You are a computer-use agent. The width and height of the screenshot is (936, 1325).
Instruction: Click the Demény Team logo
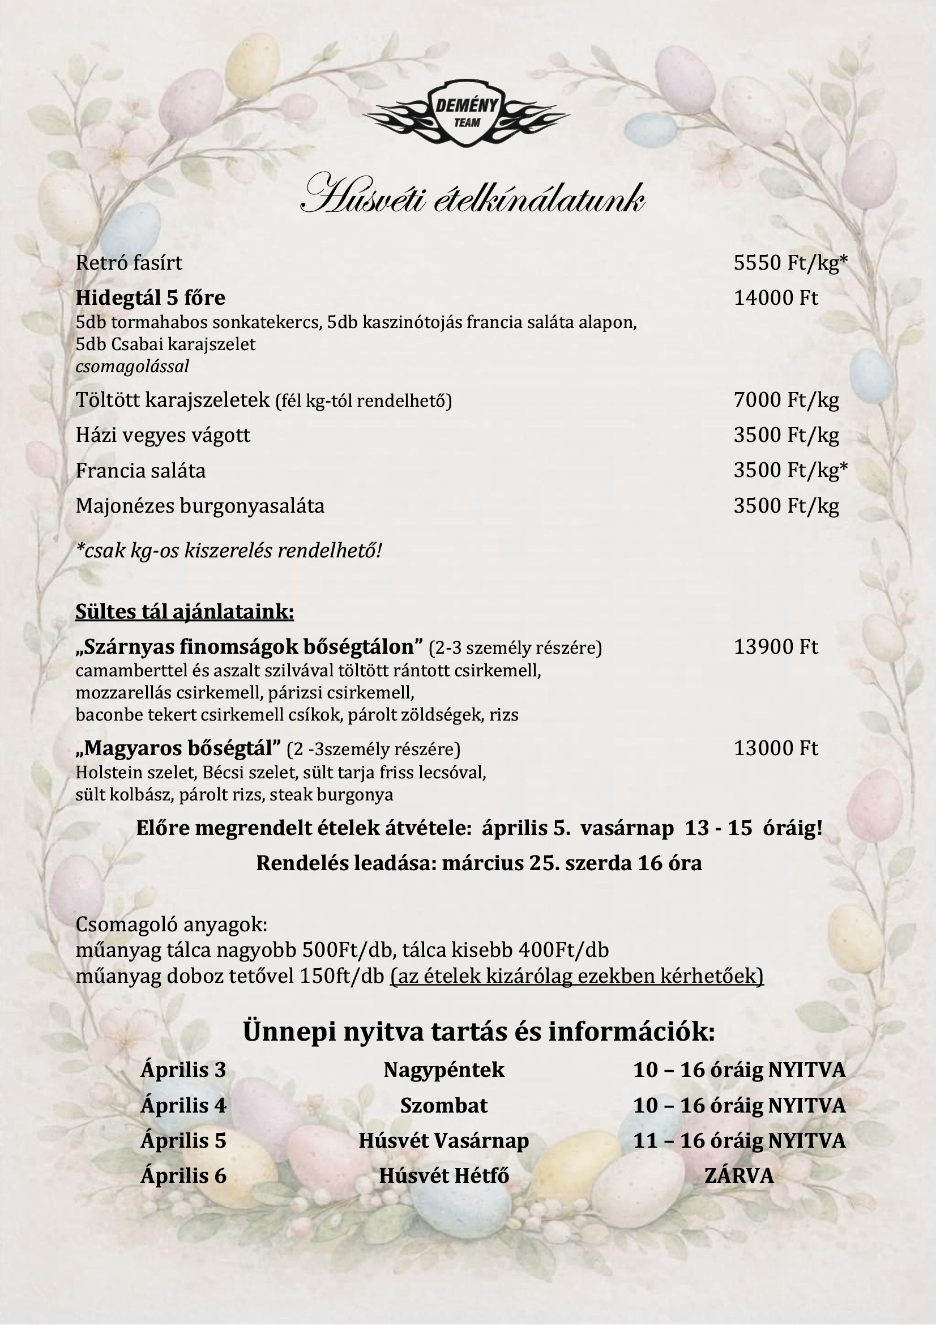[x=467, y=114]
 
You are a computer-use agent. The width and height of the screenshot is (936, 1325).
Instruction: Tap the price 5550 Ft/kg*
[x=790, y=263]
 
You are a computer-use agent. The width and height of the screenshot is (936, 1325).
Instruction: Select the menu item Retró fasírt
[x=129, y=263]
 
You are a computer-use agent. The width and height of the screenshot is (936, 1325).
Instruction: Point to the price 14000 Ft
[x=775, y=298]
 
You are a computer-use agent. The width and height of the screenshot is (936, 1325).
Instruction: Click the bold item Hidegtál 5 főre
[x=150, y=298]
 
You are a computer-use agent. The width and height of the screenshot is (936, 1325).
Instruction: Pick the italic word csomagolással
[x=132, y=367]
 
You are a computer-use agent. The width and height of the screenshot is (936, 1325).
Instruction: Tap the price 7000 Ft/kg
[x=785, y=400]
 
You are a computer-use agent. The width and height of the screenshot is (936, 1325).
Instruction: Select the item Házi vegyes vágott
[x=163, y=435]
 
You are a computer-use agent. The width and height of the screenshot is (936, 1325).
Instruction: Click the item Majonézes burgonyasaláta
[x=199, y=506]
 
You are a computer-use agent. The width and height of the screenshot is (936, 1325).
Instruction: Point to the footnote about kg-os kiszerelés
[x=228, y=551]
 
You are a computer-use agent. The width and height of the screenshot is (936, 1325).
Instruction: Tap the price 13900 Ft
[x=775, y=647]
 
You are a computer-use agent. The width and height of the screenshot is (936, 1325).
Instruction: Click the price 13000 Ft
[x=775, y=748]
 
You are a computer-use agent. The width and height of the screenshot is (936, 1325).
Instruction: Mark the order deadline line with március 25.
[x=478, y=863]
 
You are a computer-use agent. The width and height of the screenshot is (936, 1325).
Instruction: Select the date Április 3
[x=183, y=1070]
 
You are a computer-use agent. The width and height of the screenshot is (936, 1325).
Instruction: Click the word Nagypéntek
[x=443, y=1070]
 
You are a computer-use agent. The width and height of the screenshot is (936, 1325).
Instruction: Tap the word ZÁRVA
[x=739, y=1176]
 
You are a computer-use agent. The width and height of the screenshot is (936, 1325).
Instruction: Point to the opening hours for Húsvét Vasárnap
[x=739, y=1141]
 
